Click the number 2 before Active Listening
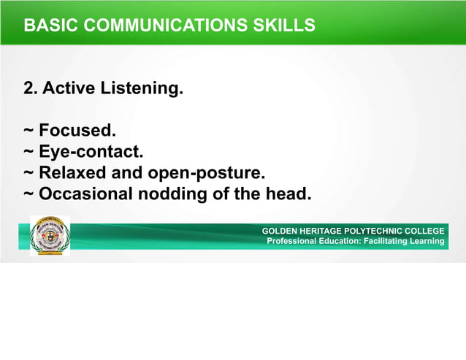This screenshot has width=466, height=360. (30, 89)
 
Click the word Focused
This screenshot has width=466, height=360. (77, 131)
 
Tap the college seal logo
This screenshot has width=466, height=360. (50, 236)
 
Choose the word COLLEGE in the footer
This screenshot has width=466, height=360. (426, 231)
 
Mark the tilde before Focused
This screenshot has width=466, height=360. (28, 131)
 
